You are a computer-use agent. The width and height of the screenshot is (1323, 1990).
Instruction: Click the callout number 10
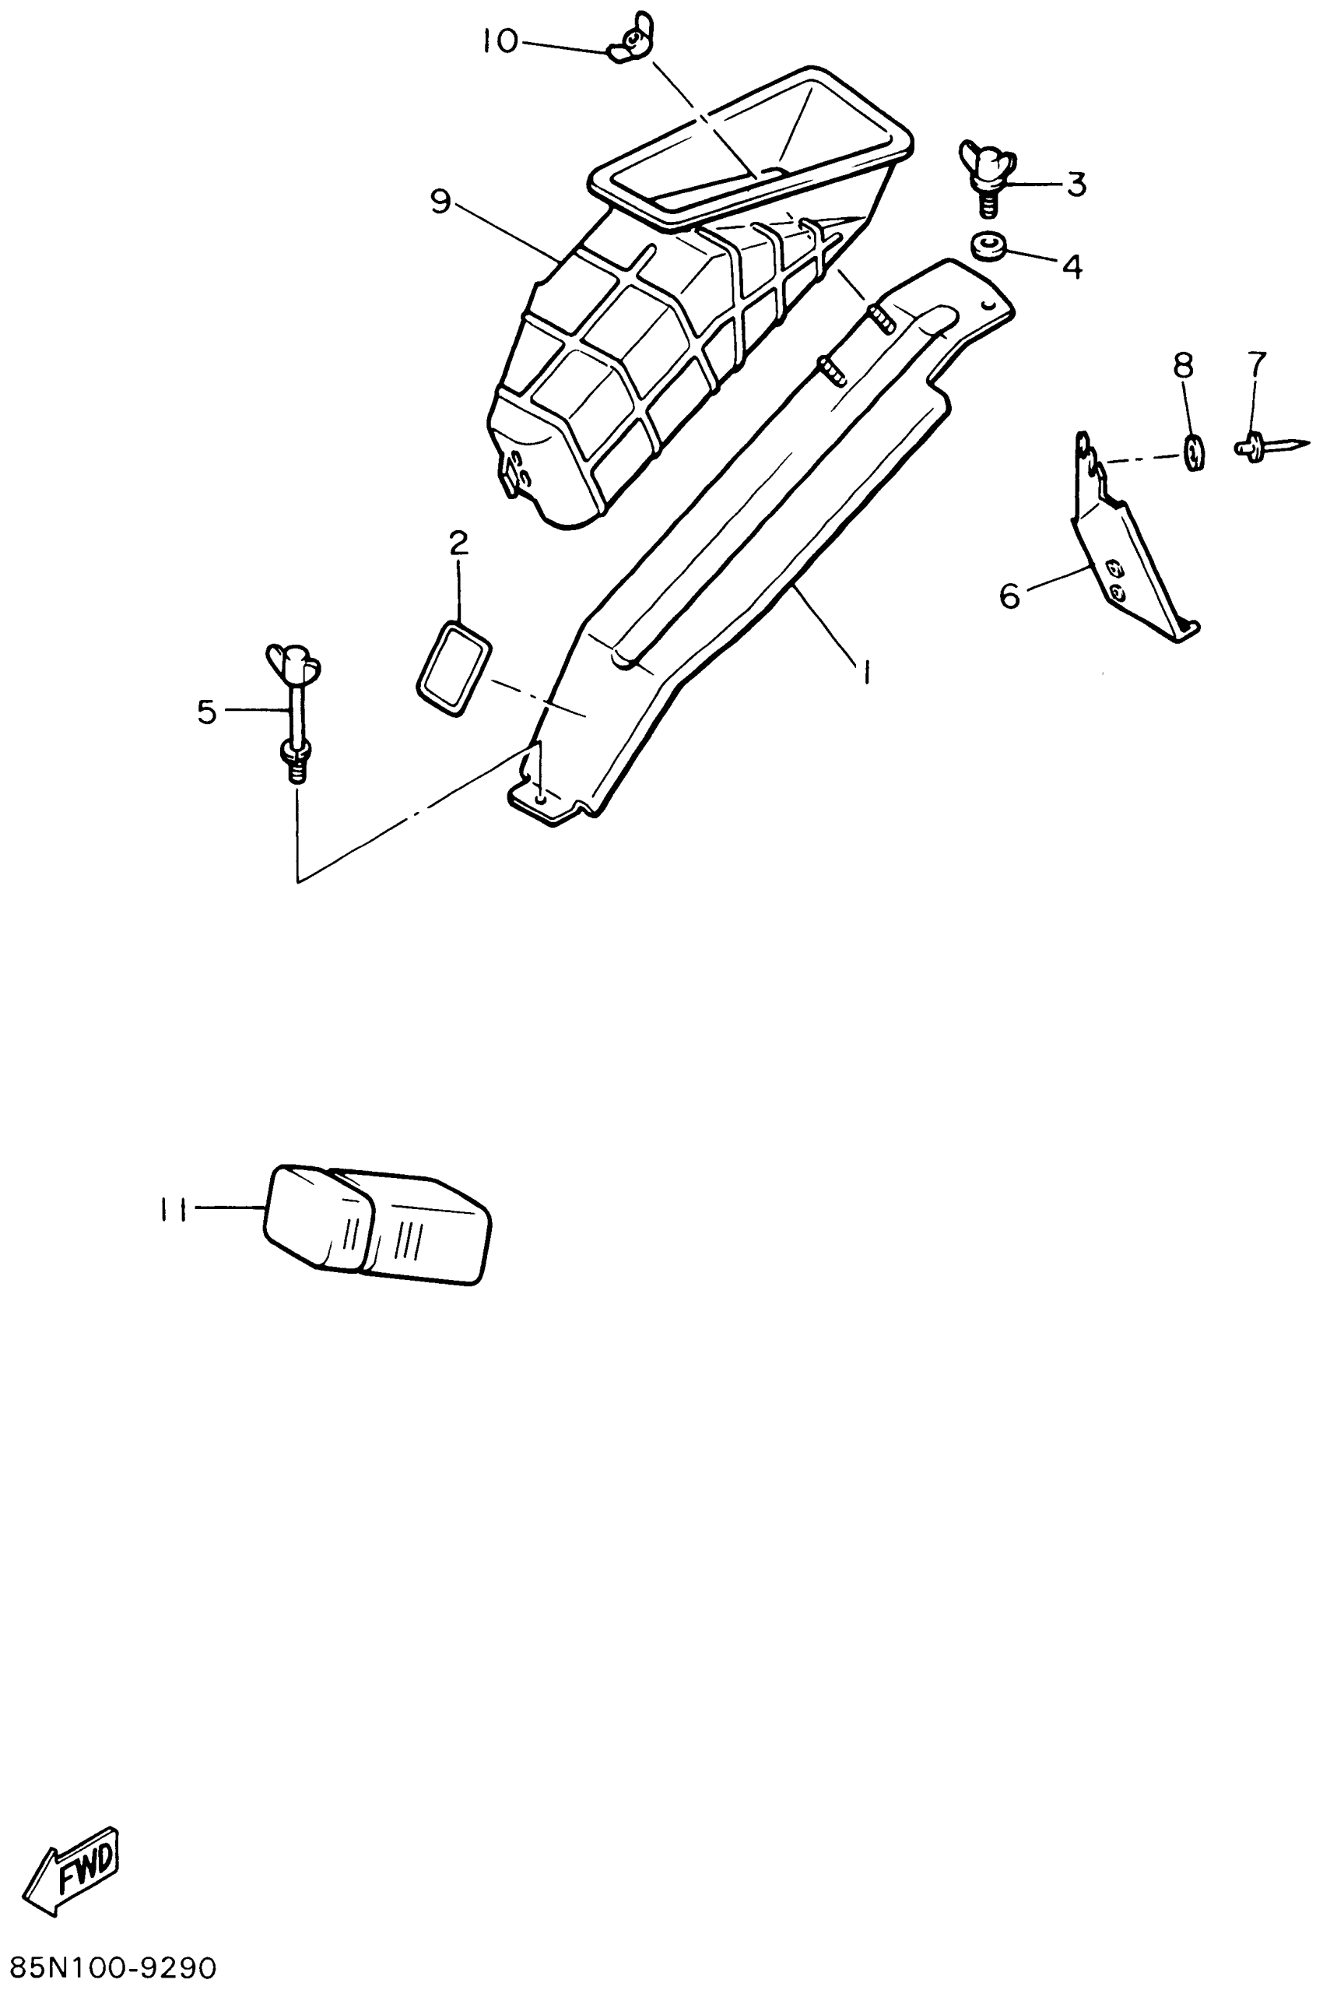pos(500,41)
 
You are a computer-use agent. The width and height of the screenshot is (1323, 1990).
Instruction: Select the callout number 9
pos(441,201)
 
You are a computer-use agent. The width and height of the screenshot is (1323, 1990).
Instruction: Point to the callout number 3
pos(1076,185)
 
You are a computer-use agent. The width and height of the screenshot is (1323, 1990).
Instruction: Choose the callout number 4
pos(1072,267)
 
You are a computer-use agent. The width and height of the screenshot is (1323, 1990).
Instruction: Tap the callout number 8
pos(1184,364)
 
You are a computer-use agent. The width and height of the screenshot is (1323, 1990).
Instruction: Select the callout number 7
pos(1256,364)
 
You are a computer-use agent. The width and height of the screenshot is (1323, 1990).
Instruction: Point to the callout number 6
pos(1010,596)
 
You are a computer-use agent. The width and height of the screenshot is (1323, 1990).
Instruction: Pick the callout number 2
pos(458,543)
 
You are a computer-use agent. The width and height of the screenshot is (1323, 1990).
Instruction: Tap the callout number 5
pos(207,712)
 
